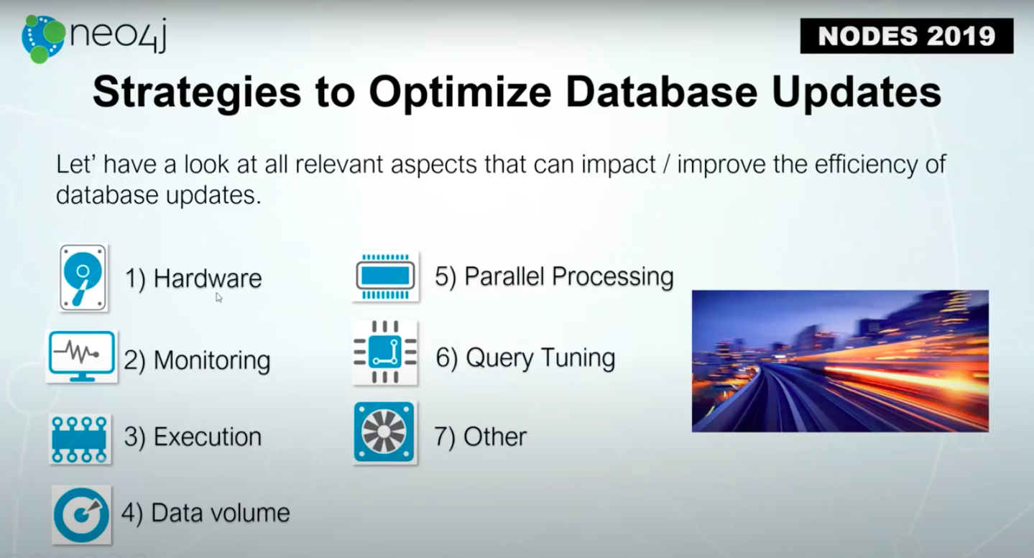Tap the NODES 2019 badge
click(x=907, y=36)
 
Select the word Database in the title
click(x=662, y=92)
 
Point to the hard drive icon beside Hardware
click(x=83, y=278)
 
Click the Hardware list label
click(x=193, y=279)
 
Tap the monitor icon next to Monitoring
click(x=82, y=356)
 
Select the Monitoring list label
click(x=197, y=361)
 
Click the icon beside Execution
click(x=80, y=439)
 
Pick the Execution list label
click(x=193, y=437)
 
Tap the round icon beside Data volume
click(x=81, y=515)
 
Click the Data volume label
click(x=206, y=513)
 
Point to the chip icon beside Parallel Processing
click(x=385, y=276)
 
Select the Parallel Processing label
click(x=554, y=276)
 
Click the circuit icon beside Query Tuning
click(x=385, y=353)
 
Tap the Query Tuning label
click(x=525, y=358)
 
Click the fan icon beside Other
click(x=384, y=432)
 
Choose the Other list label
click(x=480, y=437)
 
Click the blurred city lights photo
click(x=840, y=361)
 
